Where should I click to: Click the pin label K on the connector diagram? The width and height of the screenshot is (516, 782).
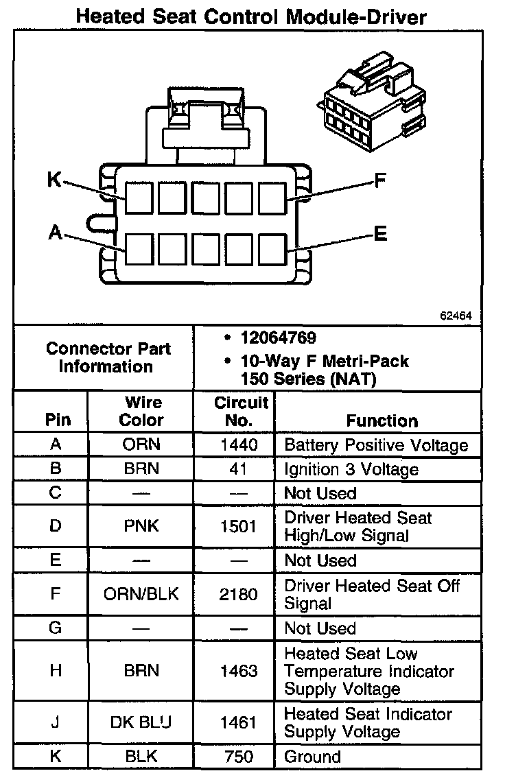coord(54,180)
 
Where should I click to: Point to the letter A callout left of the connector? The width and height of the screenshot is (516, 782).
coord(56,233)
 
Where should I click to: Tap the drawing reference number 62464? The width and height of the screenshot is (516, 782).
coord(456,317)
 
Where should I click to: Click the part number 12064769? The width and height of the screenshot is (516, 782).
coord(278,337)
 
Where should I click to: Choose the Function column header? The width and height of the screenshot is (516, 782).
coord(382,420)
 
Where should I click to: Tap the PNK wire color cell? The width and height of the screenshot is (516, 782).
coord(141,526)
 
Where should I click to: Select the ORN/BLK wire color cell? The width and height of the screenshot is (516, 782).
coord(141,594)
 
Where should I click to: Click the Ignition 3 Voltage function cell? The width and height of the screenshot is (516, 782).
coord(351,470)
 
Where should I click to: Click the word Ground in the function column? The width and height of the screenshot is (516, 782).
coord(312,757)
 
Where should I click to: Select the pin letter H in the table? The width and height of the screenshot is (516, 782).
coord(56,671)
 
